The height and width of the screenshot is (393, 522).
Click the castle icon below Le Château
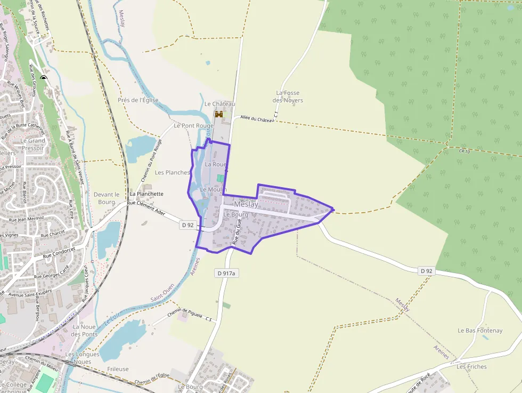[x=218, y=114]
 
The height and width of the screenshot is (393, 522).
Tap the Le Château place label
[x=219, y=104]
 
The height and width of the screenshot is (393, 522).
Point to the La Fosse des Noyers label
[x=288, y=97]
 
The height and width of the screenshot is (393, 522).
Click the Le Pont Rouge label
[x=193, y=126]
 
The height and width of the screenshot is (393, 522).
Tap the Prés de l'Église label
[x=138, y=100]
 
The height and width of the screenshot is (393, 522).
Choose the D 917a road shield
[x=226, y=273]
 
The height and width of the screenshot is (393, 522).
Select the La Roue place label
[x=216, y=164]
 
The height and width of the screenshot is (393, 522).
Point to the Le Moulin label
[x=213, y=189]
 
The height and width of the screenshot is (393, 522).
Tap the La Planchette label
[x=146, y=194]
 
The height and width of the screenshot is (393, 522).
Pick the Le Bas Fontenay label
[x=480, y=331]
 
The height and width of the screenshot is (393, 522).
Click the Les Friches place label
[x=471, y=366]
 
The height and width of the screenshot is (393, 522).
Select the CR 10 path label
[x=464, y=151]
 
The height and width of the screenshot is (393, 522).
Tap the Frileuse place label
[x=117, y=369]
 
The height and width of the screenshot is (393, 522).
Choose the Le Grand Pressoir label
[x=33, y=145]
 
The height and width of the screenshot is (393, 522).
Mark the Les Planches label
[x=172, y=173]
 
